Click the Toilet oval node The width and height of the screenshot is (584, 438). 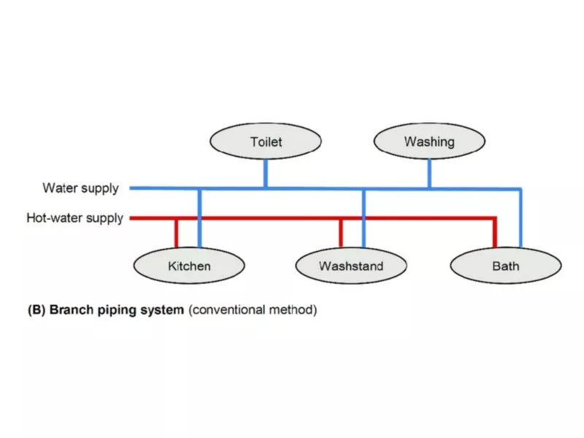pos(266,141)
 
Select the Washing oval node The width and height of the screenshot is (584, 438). pos(429,141)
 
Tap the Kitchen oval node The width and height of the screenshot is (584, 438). pos(189,266)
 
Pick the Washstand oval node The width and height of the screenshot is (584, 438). pos(351,266)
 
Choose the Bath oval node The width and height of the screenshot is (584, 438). pos(506,266)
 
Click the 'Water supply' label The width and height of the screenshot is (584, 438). pos(80,188)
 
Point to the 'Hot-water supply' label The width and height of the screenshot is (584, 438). pos(75,218)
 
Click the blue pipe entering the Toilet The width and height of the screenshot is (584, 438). pos(266,173)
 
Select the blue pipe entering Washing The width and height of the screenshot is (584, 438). pos(429,173)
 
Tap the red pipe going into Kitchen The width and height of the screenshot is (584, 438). pos(176,234)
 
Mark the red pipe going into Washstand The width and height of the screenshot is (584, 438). pos(341,234)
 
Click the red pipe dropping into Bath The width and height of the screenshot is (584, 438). pos(495,233)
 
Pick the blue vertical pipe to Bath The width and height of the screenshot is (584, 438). pos(520,218)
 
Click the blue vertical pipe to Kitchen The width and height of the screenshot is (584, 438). pos(199,218)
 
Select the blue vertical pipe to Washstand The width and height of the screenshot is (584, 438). pos(364,218)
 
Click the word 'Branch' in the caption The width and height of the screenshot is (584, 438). pos(72,310)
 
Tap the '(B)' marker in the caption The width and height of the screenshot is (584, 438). pos(36,310)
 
